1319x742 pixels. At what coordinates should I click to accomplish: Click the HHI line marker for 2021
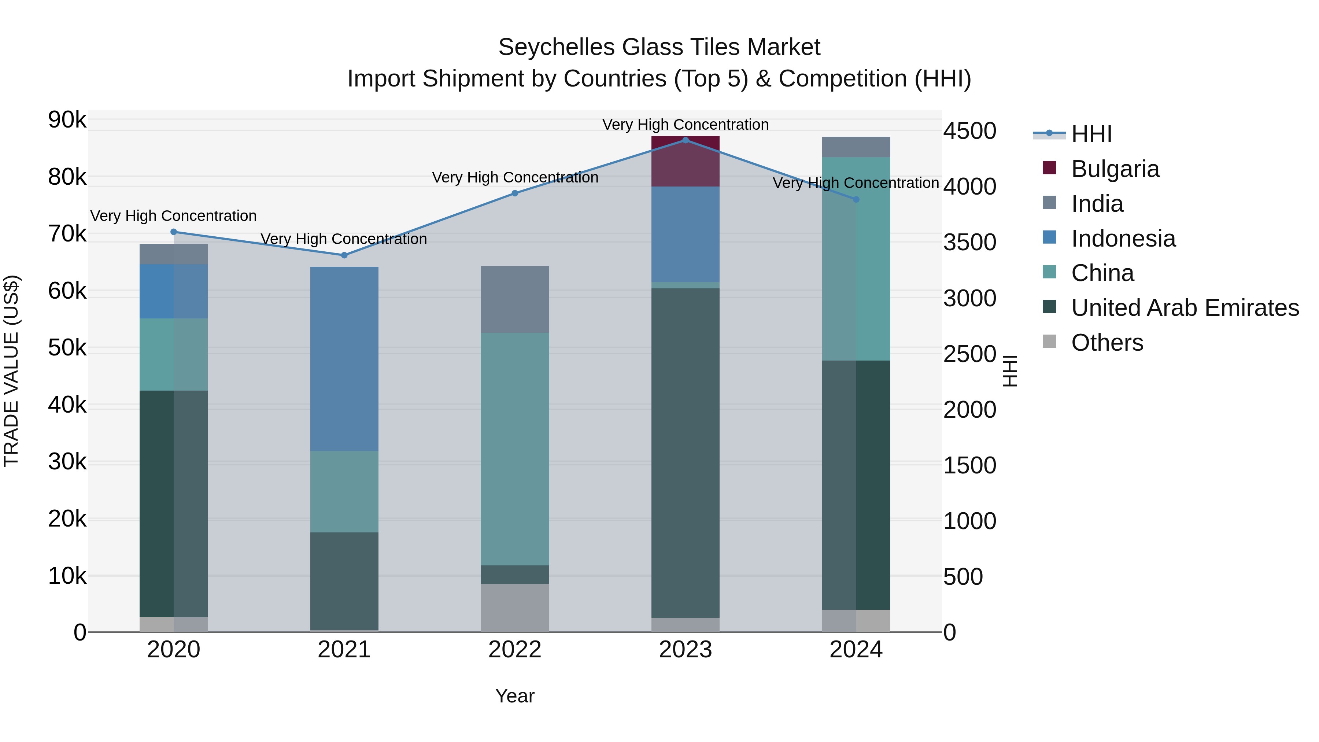pos(344,255)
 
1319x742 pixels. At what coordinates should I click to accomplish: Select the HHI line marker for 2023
pos(686,140)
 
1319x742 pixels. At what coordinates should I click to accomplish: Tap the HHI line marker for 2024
pos(856,199)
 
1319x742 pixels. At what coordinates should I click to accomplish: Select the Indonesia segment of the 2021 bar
pos(344,358)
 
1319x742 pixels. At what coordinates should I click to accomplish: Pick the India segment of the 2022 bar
pos(515,300)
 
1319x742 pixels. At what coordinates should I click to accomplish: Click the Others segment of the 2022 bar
pos(515,608)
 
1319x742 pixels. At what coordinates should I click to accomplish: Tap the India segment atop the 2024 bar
pos(856,147)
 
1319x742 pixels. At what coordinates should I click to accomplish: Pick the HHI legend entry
pos(1091,134)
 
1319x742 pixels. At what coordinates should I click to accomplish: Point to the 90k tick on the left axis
pos(67,120)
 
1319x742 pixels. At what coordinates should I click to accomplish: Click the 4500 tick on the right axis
pos(969,131)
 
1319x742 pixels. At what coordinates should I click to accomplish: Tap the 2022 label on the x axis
pos(515,650)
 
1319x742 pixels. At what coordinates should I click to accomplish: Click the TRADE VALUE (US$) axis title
pos(12,371)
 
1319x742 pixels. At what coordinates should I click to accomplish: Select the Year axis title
pos(515,696)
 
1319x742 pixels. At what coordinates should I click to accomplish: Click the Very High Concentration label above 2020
pos(174,216)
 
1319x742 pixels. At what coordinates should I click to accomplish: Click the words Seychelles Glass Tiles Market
pos(659,47)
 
